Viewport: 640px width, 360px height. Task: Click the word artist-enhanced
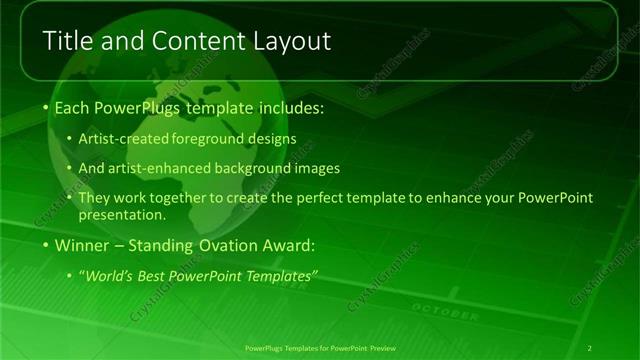click(x=167, y=168)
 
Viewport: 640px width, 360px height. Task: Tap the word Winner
click(x=84, y=245)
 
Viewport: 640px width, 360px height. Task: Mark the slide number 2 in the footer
click(x=590, y=348)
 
